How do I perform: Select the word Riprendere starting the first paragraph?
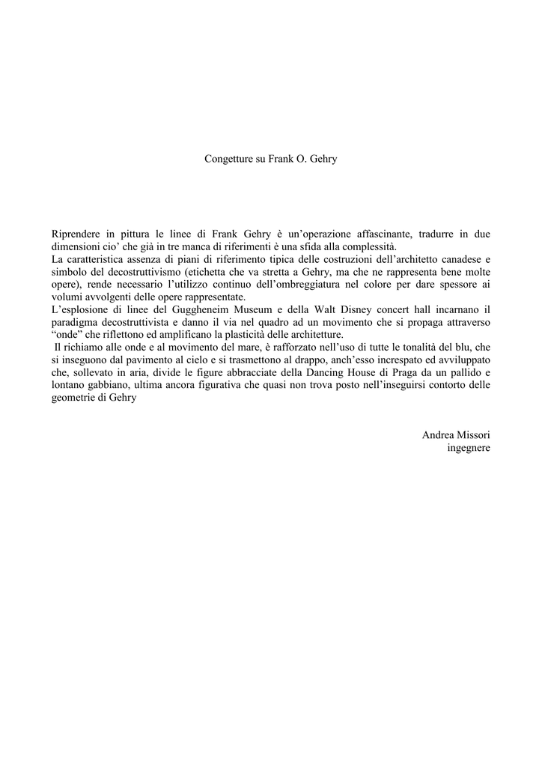coord(76,234)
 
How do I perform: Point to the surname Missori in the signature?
coord(472,435)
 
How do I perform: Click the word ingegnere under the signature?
coord(469,448)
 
